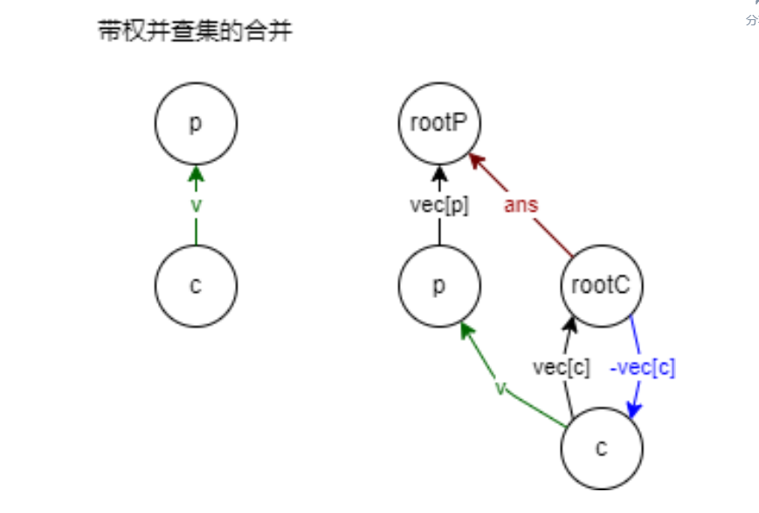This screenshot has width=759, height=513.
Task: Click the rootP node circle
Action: click(439, 123)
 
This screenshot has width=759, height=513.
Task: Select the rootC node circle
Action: click(602, 286)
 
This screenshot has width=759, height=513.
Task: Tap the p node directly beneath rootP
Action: click(439, 286)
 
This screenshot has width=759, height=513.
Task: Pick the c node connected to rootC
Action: click(601, 448)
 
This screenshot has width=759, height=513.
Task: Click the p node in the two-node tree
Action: click(196, 123)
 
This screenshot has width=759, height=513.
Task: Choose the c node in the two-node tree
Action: click(196, 286)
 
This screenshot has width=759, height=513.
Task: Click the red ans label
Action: click(521, 205)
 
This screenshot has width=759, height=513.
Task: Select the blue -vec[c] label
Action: click(642, 368)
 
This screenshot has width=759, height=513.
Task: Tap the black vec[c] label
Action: click(561, 368)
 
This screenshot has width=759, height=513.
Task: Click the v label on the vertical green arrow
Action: click(196, 205)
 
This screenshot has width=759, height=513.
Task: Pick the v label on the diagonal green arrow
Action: click(500, 387)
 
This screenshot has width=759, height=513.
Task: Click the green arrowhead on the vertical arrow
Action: click(196, 172)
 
